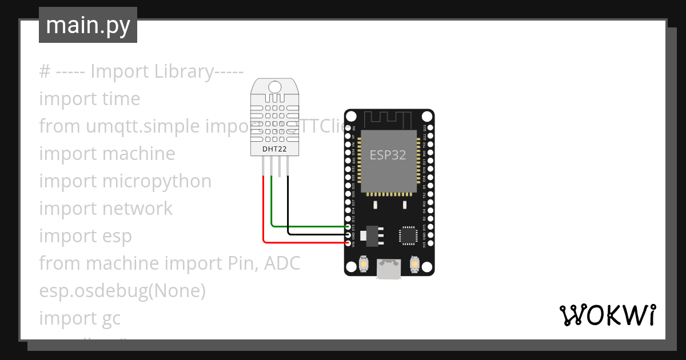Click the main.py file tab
tap(88, 25)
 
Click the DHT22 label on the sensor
tap(274, 150)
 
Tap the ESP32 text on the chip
tap(388, 155)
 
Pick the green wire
tap(309, 226)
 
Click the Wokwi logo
tap(607, 315)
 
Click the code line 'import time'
tap(90, 99)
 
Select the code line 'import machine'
tap(107, 154)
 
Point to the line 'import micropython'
tap(125, 181)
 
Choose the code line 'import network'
tap(106, 209)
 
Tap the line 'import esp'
tap(85, 236)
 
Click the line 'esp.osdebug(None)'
tap(122, 291)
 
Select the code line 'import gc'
tap(80, 318)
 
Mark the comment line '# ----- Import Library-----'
tap(141, 71)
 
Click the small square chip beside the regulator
tap(409, 235)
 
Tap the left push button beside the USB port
tap(363, 265)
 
